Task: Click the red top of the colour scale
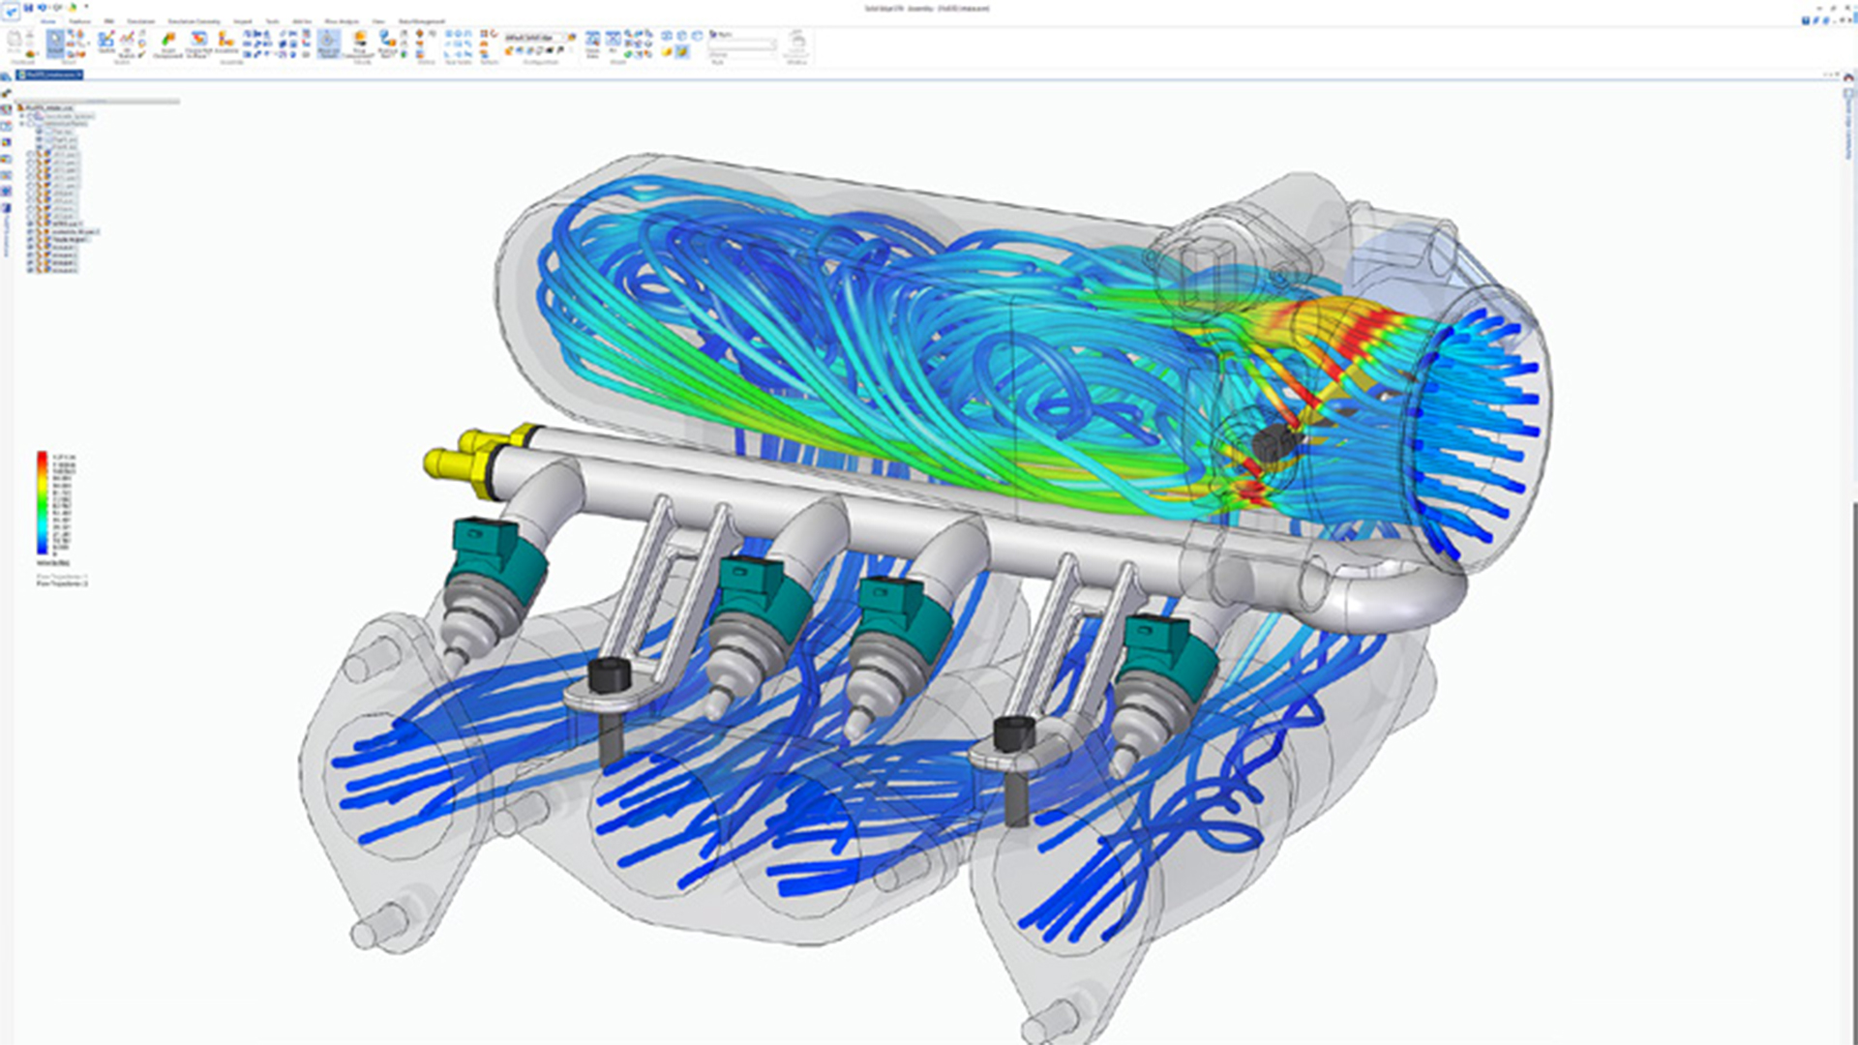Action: pos(43,458)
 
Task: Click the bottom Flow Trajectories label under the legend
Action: pos(62,584)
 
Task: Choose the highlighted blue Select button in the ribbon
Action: pos(55,43)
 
